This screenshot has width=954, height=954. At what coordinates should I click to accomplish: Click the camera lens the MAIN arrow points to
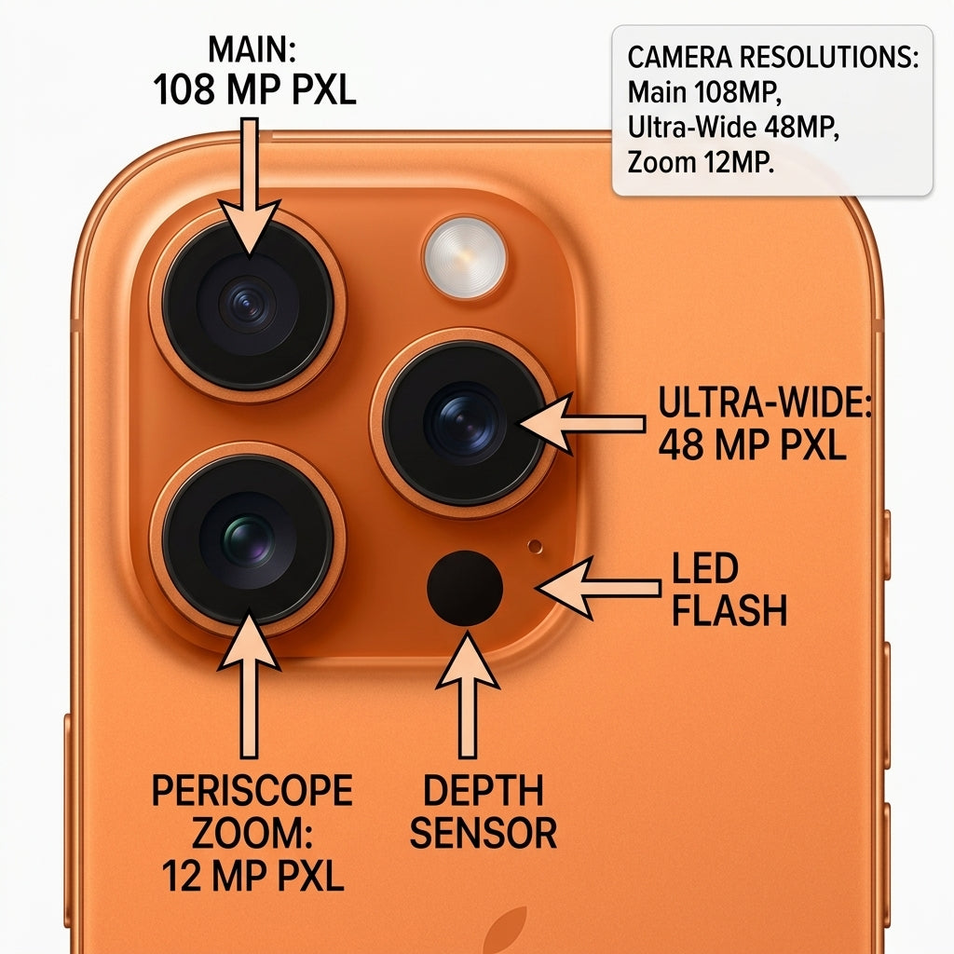click(x=248, y=306)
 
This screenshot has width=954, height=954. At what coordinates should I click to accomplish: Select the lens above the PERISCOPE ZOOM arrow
click(x=248, y=539)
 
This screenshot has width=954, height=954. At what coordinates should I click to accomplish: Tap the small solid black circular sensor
click(x=465, y=588)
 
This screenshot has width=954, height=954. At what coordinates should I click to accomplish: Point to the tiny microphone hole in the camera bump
click(x=535, y=546)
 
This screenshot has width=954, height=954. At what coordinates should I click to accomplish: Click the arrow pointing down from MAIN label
click(x=250, y=186)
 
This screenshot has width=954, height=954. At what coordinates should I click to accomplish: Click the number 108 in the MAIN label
click(x=184, y=90)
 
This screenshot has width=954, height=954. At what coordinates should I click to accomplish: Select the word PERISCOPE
click(x=252, y=790)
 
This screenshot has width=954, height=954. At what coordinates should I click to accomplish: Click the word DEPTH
click(x=484, y=790)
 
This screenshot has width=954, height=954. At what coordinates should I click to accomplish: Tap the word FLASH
click(x=729, y=610)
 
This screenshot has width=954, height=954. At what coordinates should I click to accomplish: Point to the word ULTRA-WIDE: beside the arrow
click(x=765, y=402)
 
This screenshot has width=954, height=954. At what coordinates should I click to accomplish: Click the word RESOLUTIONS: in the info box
click(x=828, y=57)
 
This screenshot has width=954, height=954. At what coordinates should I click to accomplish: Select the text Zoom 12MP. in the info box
click(x=701, y=162)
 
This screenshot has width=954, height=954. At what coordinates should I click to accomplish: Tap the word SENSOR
click(x=484, y=833)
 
